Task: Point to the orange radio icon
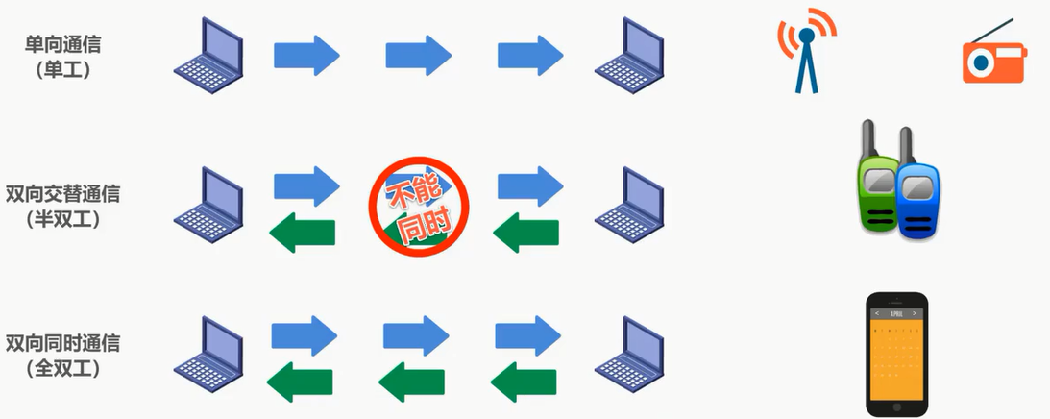(x=993, y=57)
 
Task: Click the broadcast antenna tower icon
(x=807, y=53)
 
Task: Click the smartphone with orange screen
(x=896, y=354)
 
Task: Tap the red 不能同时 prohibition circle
(x=418, y=206)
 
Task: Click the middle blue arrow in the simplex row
(x=418, y=54)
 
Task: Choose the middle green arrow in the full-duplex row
(x=413, y=383)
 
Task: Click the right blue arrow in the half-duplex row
(x=529, y=184)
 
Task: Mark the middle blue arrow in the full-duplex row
(x=416, y=336)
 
